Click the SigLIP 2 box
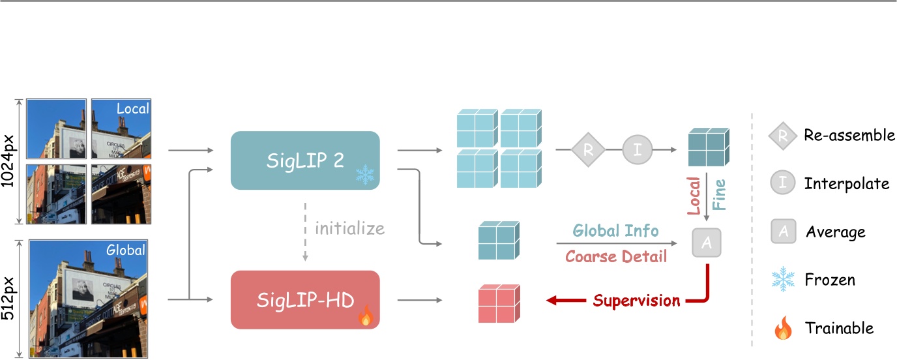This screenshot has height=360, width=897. coord(305,160)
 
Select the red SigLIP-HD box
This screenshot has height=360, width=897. coord(305,300)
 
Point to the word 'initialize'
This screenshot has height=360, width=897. coord(349,229)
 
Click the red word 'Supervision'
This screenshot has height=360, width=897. coord(636,301)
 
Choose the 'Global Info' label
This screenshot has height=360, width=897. coord(616,230)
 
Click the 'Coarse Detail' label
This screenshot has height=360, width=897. coord(616,256)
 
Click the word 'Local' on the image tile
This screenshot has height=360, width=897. coord(132,108)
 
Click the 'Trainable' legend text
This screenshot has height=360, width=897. coord(839,328)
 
